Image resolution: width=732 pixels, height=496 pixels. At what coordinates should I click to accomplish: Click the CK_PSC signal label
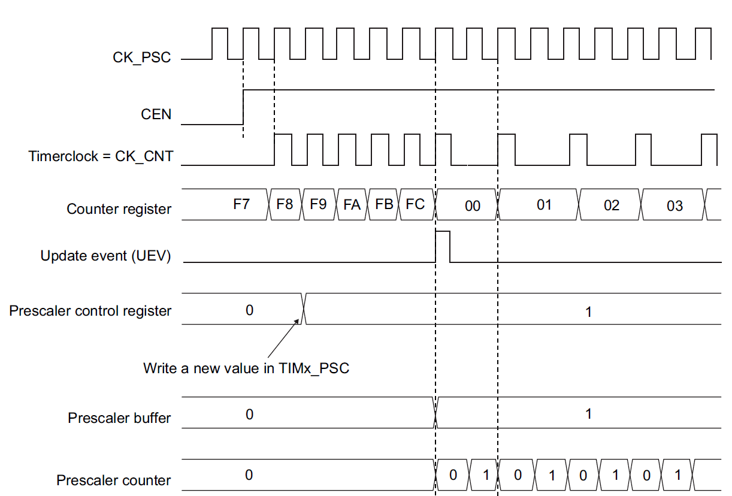point(141,58)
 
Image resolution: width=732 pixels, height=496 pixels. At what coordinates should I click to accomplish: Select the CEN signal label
point(156,114)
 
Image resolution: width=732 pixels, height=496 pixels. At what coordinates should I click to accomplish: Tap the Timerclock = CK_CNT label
point(101,157)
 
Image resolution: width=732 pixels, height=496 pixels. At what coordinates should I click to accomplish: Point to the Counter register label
point(119,209)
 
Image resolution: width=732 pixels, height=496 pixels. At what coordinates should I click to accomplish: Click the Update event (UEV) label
point(105,256)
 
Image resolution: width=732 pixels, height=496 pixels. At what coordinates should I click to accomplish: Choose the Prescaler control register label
point(90,311)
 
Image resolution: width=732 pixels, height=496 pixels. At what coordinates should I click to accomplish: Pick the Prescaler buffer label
point(119,418)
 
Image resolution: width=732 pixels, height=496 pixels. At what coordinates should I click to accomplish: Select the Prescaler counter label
point(113,480)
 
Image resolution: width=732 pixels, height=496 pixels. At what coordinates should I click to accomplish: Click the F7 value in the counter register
point(241,204)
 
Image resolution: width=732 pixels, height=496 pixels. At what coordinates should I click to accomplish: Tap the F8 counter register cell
point(285,204)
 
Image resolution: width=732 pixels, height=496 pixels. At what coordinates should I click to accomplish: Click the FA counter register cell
point(352,204)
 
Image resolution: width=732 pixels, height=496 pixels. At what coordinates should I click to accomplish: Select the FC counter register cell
point(415,204)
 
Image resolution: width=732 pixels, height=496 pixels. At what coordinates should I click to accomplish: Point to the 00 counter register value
point(473,206)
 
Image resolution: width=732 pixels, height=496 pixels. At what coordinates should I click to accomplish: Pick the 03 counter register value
point(674,206)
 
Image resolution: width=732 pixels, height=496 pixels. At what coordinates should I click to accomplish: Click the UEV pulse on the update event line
point(443,246)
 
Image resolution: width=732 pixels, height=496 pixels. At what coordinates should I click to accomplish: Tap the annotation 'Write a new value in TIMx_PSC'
point(246,368)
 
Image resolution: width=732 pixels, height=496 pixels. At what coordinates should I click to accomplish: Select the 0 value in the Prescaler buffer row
point(249,414)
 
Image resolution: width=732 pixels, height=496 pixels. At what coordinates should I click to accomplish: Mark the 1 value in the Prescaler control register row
point(588,311)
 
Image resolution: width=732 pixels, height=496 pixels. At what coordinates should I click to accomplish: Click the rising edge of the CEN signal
point(243,107)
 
